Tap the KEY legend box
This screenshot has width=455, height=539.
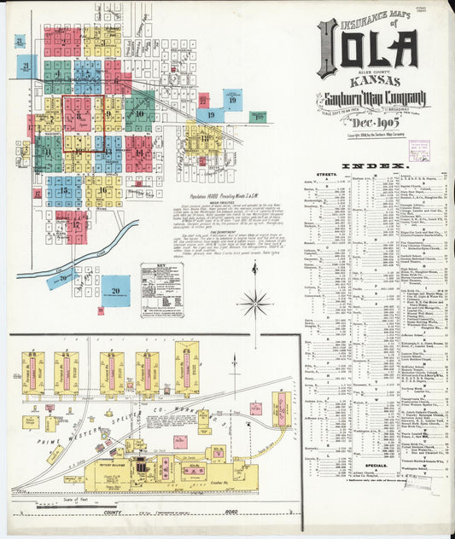(x=161, y=290)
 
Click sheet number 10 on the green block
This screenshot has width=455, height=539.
(x=139, y=113)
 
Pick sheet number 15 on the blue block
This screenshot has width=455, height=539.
(x=64, y=191)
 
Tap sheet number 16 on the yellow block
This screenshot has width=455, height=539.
(x=103, y=191)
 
